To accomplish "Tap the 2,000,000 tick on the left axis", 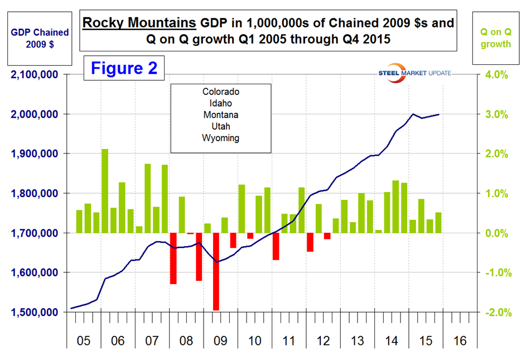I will tap(36, 114).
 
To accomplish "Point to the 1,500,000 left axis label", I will tap(36, 312).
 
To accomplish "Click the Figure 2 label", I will tap(124, 68).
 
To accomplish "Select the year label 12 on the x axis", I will tap(322, 340).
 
